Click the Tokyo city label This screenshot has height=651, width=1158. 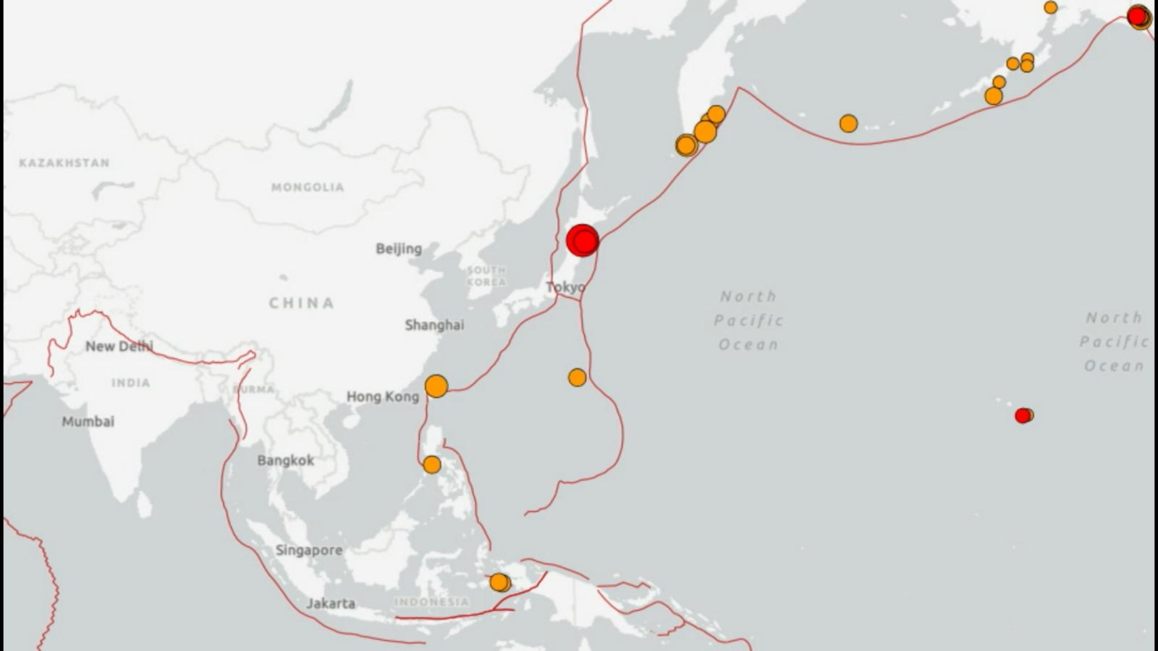point(565,287)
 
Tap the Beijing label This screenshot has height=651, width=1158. point(399,248)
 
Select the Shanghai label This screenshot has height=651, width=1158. point(434,325)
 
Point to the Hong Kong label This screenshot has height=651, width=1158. point(383,396)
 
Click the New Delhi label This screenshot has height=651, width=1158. point(119,346)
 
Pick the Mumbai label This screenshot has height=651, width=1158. point(88,422)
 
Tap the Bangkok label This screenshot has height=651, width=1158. point(285,460)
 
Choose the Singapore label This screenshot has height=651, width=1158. point(309,550)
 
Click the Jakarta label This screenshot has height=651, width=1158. point(331,604)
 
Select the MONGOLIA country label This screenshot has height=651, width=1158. point(308,187)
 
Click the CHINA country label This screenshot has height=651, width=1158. point(302,303)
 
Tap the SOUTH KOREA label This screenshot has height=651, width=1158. point(486,276)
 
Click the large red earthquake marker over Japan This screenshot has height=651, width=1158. point(582,241)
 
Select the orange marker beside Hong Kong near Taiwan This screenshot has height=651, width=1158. point(436,386)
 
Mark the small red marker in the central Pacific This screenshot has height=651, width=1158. point(1022,416)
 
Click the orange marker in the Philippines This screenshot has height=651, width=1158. point(432,465)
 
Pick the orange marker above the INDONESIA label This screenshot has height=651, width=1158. point(499,582)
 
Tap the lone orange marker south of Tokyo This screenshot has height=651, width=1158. point(577,377)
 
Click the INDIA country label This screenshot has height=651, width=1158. point(131,383)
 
